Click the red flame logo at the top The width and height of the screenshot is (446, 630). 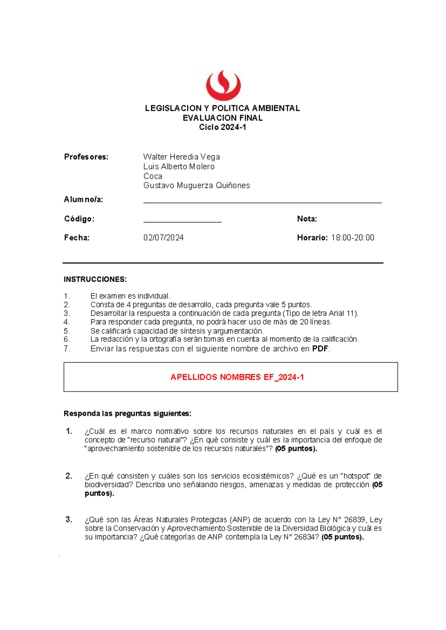223,85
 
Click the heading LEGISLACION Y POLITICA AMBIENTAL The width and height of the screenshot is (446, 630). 222,108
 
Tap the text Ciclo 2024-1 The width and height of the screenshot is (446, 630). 222,127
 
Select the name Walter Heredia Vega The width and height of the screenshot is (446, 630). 181,157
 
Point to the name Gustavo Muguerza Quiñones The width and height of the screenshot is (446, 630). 197,185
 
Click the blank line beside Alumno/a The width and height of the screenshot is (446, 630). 262,201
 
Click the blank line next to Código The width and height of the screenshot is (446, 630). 182,220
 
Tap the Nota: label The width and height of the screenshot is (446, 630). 307,219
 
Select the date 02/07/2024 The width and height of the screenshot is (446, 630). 164,238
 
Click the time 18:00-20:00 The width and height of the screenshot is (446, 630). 353,238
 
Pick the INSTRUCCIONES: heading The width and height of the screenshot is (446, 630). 95,279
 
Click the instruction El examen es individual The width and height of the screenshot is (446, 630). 130,296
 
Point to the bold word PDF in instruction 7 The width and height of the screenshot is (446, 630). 320,349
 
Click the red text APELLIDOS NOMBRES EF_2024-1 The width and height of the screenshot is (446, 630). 237,377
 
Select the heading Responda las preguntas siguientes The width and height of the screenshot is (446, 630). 127,414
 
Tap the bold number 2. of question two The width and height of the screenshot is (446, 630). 69,476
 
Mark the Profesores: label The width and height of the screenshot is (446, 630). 86,157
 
